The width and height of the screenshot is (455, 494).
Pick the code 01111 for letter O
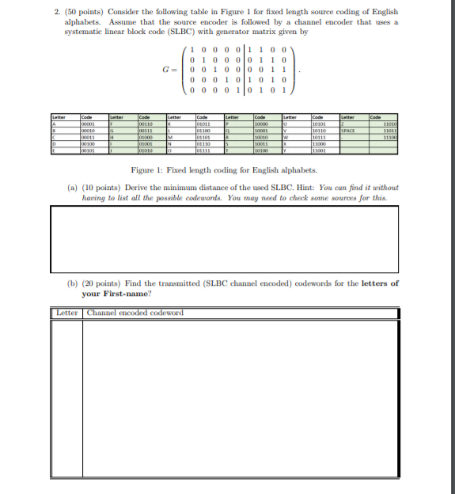pos(205,149)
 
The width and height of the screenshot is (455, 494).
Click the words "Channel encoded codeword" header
pos(135,313)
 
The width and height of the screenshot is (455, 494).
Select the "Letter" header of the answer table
pos(67,313)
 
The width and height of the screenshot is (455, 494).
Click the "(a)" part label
pos(72,188)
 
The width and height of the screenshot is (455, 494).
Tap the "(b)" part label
pos(72,283)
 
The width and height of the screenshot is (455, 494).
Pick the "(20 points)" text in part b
pos(101,283)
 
